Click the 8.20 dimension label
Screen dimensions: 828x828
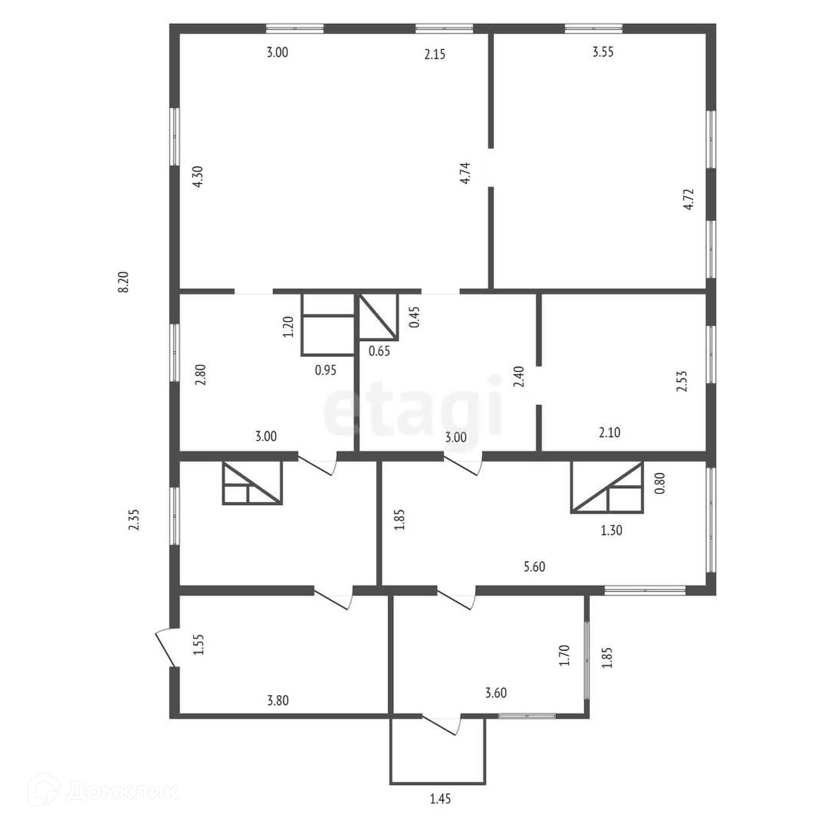124,282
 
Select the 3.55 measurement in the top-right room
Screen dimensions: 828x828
603,52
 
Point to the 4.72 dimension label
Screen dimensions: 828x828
689,199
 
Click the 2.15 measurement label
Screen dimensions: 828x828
435,54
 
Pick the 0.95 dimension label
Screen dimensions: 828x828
326,370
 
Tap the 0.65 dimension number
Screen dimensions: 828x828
379,351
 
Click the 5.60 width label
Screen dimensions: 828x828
535,567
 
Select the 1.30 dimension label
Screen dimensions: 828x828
612,530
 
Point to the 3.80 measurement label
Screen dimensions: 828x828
278,700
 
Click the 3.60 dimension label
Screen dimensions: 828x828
496,693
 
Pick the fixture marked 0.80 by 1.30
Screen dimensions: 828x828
607,487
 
